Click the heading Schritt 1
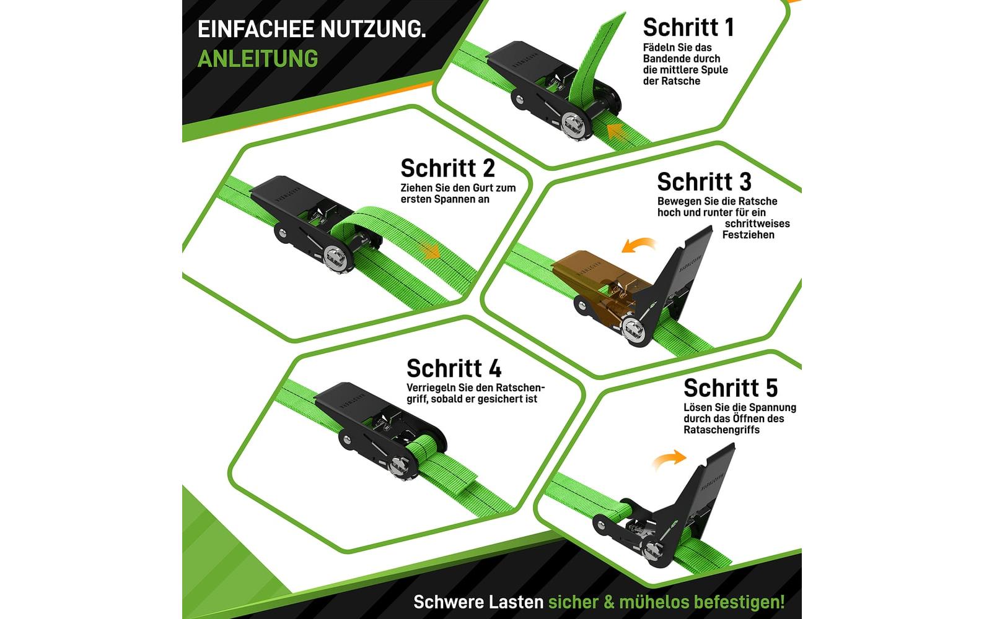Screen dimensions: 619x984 (x=688, y=27)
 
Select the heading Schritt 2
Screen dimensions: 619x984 (x=447, y=168)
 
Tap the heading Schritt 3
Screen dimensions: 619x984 (x=704, y=182)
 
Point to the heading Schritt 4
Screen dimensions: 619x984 (x=454, y=368)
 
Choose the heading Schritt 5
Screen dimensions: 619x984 (x=730, y=388)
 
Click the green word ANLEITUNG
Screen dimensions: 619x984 (x=257, y=58)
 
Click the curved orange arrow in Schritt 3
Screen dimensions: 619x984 (x=638, y=245)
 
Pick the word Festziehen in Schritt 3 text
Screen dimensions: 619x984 (x=748, y=235)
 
